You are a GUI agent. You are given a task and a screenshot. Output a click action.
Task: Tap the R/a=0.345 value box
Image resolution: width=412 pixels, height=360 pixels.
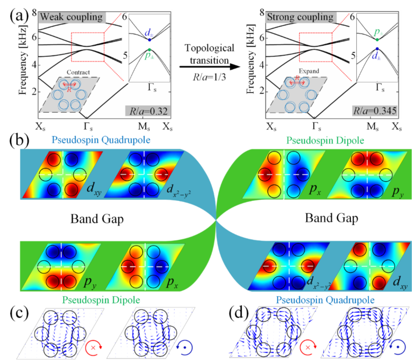[x=376, y=110]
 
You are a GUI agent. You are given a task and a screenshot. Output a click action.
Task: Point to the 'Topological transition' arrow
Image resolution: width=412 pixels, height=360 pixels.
[x=207, y=66]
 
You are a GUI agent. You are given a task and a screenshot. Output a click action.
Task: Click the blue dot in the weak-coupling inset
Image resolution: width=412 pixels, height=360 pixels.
[x=149, y=40]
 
